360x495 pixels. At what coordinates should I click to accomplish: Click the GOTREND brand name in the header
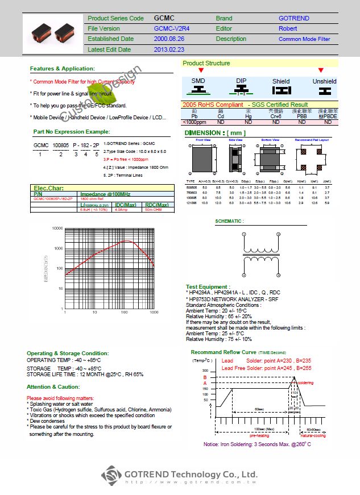(x=294, y=18)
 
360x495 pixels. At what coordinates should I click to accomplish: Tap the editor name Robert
(x=288, y=28)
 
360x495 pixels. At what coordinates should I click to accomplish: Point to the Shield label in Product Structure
(x=281, y=81)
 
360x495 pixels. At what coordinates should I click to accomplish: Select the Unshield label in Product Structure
(x=324, y=81)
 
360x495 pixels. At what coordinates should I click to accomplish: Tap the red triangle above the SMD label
(x=198, y=70)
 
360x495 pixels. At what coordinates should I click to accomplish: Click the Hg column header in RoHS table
(x=248, y=117)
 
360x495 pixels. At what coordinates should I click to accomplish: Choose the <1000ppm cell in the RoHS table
(x=194, y=122)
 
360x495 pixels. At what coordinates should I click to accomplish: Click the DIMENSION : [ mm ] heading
(x=214, y=132)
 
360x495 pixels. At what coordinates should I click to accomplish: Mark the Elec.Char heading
(x=49, y=188)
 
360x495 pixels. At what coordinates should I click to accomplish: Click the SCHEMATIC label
(x=229, y=221)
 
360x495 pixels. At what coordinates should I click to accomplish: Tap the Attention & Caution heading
(x=53, y=386)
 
